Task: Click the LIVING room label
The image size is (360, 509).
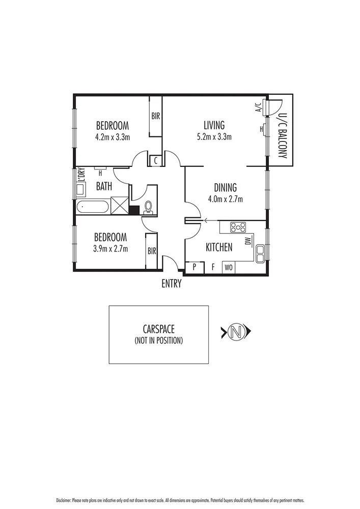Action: tap(214, 125)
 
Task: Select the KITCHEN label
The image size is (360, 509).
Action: tap(219, 248)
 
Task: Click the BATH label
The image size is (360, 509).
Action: tap(104, 187)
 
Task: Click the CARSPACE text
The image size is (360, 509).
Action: tap(158, 329)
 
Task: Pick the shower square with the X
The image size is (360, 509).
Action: tap(121, 206)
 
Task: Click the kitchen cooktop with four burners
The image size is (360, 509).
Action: tap(238, 227)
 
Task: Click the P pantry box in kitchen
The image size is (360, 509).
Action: tap(194, 267)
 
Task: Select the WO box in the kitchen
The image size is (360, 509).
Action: tap(229, 267)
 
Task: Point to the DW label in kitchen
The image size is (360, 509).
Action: tap(247, 241)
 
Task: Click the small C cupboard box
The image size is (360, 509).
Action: tap(155, 160)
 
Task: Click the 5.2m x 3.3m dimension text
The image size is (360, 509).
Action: tap(214, 137)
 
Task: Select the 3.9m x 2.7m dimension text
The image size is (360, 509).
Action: tap(110, 249)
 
